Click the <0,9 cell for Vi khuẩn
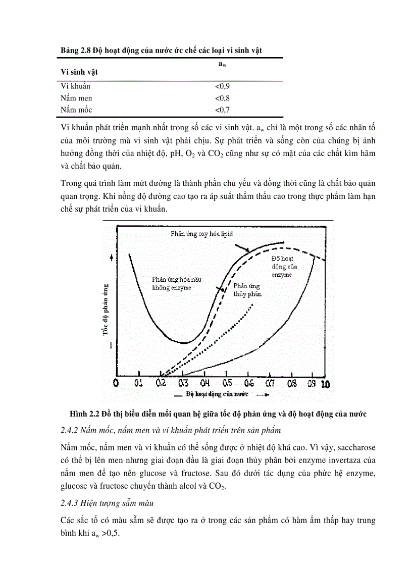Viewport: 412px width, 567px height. [223, 86]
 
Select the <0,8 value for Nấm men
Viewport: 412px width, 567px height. [223, 98]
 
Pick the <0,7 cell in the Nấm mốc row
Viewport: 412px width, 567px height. [223, 110]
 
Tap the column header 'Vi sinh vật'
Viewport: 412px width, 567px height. [79, 72]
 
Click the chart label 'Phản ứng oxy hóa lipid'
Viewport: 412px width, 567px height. [201, 235]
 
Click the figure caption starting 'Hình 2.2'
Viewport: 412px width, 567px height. [218, 414]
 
